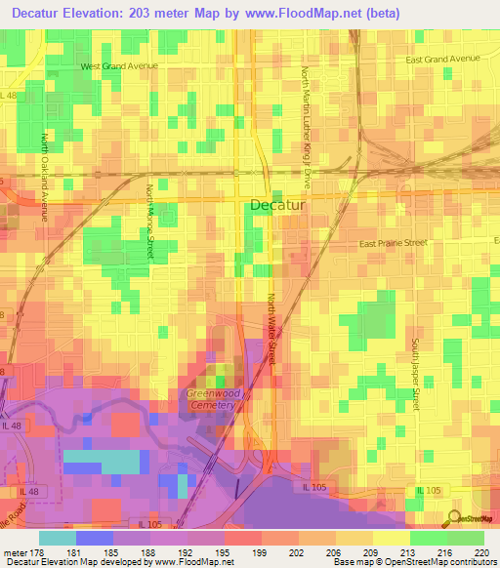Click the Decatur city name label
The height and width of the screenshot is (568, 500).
(278, 206)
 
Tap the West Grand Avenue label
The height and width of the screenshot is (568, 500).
(119, 66)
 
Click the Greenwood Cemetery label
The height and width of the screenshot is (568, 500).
(213, 399)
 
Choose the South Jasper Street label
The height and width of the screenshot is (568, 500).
(415, 374)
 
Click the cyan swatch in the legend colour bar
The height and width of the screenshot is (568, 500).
(57, 538)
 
